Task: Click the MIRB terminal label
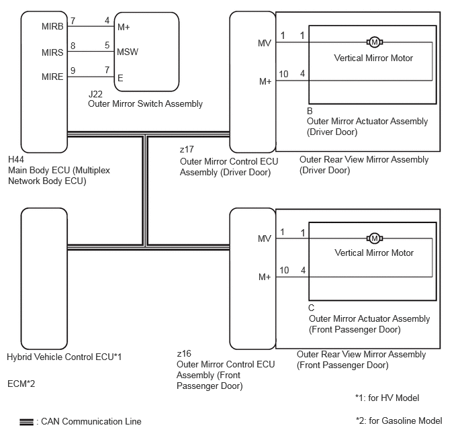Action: (52, 26)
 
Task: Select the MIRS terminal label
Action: (52, 52)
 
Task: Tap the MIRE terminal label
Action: (52, 77)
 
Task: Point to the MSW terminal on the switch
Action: (128, 52)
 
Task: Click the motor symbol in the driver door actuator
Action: (375, 42)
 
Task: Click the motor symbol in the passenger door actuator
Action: (375, 238)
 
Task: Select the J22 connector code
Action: (95, 94)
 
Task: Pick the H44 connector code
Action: (16, 159)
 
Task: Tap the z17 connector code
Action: (187, 149)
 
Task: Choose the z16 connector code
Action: (184, 353)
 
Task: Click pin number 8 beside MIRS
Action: (73, 46)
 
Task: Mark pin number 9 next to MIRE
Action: (73, 71)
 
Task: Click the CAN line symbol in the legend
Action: (26, 422)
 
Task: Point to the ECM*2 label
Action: (21, 384)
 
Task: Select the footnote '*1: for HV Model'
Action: (387, 398)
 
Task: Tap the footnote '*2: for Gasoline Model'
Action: (399, 421)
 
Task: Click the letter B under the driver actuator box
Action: (310, 111)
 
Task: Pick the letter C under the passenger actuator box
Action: (311, 308)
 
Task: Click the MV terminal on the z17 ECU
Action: (265, 43)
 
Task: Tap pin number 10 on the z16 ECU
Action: (284, 270)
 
